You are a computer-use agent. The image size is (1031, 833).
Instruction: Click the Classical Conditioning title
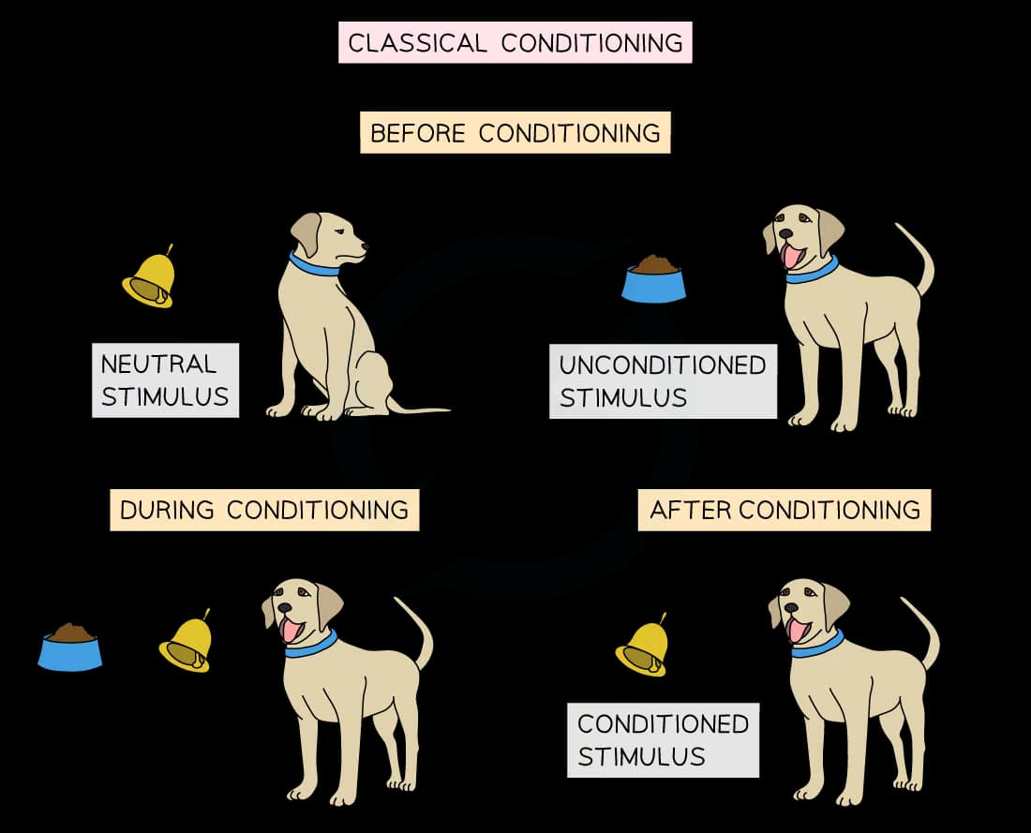coord(515,43)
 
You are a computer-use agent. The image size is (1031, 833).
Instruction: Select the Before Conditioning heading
coord(515,133)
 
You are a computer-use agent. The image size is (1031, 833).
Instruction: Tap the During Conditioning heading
coord(264,511)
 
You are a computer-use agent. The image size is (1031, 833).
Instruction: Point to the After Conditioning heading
coord(784,510)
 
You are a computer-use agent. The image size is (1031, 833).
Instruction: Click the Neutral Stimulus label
coord(165,379)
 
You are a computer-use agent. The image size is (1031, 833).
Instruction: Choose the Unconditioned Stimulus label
coord(663,380)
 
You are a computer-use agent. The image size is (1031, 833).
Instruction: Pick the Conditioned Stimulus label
coord(663,739)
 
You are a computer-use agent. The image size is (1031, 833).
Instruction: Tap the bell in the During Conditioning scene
coord(187,642)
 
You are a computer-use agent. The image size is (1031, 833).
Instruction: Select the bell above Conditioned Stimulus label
coord(643,647)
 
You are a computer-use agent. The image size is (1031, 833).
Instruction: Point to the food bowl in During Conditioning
coord(70,647)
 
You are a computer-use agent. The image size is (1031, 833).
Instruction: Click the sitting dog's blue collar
coord(313,265)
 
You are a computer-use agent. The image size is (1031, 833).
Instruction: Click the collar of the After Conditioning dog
coord(817,646)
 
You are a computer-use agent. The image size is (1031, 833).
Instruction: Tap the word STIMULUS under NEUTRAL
coord(165,396)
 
